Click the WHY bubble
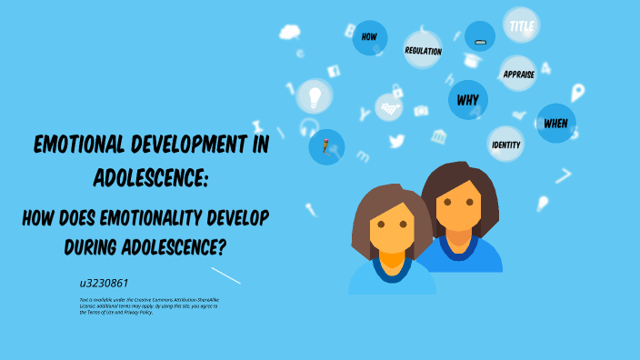(467, 99)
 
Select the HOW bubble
(369, 37)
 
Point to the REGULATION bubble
(423, 51)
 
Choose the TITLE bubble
(521, 26)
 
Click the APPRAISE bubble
(517, 74)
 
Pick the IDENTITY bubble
(505, 145)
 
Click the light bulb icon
(315, 95)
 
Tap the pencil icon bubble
(326, 145)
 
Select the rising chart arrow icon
(389, 108)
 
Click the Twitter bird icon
(396, 141)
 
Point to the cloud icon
(290, 33)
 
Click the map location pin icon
(576, 93)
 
